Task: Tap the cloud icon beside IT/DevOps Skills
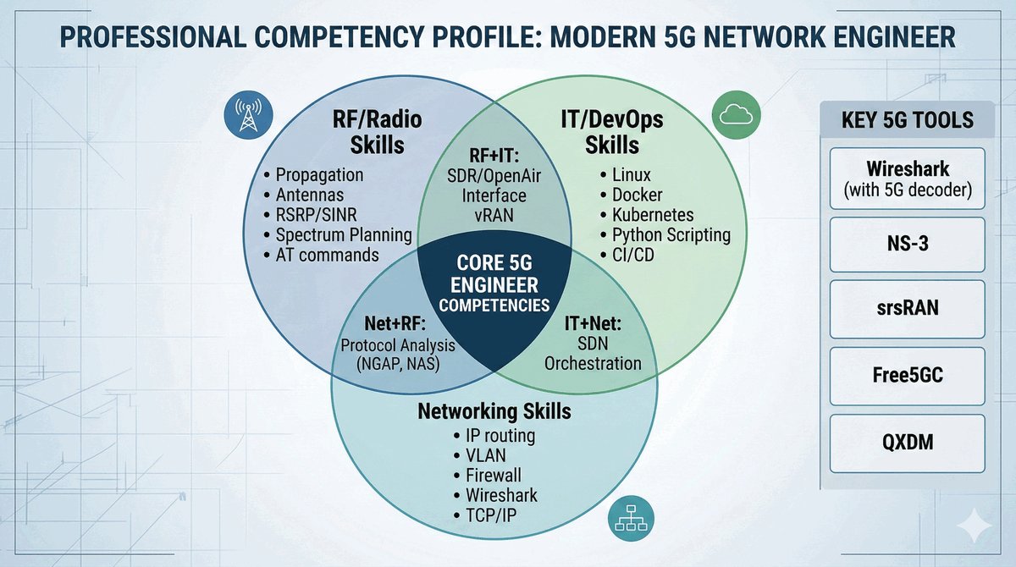pos(732,115)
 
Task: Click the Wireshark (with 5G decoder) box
pos(907,179)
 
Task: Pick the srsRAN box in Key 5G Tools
pos(907,308)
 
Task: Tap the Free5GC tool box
pos(907,373)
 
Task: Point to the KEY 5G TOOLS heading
pos(907,120)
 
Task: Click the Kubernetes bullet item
pos(652,215)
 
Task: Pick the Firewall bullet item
pos(494,475)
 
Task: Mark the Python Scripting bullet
pos(671,234)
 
